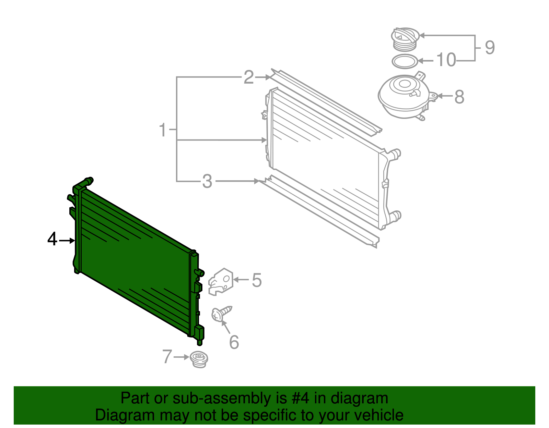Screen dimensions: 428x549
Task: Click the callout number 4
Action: point(52,239)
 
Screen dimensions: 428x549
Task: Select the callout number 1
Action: point(163,130)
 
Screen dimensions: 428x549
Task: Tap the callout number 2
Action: point(249,77)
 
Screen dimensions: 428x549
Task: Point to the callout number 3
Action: point(207,182)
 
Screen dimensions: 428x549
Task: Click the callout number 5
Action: point(257,280)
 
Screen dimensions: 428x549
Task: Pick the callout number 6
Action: point(234,342)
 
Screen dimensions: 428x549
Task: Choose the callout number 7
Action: point(167,357)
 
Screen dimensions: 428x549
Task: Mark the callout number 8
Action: point(459,97)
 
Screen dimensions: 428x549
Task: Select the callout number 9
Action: point(490,48)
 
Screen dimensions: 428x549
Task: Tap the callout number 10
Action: point(446,60)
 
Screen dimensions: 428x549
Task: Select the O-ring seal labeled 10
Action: point(405,61)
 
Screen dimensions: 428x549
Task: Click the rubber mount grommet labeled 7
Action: point(199,359)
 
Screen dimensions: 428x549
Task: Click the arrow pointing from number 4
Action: point(67,241)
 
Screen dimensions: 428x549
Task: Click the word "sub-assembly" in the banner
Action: point(221,399)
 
